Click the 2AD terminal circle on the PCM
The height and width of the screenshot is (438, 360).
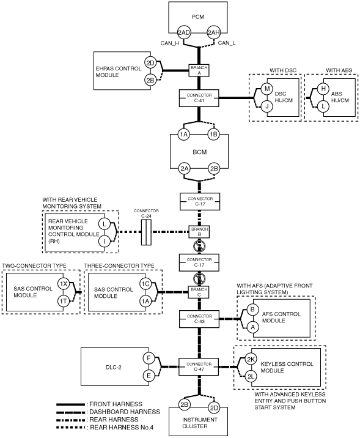[x=183, y=32]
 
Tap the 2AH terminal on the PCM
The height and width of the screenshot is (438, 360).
[x=214, y=32]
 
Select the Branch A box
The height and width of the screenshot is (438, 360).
[x=199, y=70]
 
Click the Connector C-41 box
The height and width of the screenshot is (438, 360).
[x=199, y=98]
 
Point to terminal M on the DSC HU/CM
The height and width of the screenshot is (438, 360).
[x=267, y=89]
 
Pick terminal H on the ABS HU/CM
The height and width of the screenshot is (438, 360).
[x=323, y=89]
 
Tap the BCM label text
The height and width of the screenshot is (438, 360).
[x=200, y=152]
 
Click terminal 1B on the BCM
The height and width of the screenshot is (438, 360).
[x=214, y=135]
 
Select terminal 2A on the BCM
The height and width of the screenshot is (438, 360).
[x=184, y=168]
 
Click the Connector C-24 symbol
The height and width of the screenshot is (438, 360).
[x=146, y=232]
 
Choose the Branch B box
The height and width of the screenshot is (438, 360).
[x=199, y=232]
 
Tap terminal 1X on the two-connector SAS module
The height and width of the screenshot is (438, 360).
[x=64, y=284]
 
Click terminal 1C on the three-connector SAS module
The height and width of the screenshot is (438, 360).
[x=145, y=284]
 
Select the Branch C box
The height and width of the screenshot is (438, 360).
[x=199, y=292]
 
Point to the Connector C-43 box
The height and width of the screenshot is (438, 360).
[x=199, y=319]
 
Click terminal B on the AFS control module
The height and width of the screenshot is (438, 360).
[x=252, y=310]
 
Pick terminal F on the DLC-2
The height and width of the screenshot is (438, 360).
[x=149, y=358]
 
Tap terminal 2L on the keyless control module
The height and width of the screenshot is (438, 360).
[x=251, y=377]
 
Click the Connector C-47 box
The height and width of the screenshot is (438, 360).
[x=199, y=367]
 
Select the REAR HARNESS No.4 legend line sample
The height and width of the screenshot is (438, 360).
[x=71, y=428]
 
